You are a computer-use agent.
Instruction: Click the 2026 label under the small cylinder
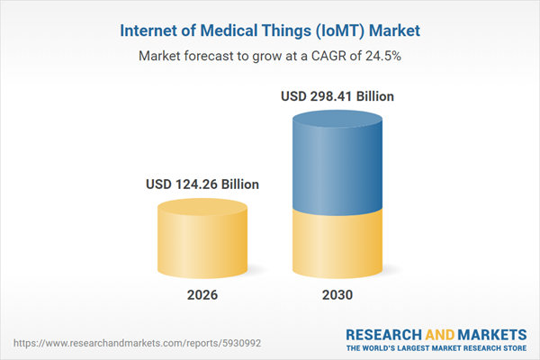202,295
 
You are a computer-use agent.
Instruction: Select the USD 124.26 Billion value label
202,184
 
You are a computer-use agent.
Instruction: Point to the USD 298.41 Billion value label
337,96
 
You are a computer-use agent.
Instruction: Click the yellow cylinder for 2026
202,238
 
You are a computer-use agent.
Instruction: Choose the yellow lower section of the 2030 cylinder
337,243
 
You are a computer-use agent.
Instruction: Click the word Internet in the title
150,31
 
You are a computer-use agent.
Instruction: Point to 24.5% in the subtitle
383,56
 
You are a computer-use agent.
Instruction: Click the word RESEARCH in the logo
382,333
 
